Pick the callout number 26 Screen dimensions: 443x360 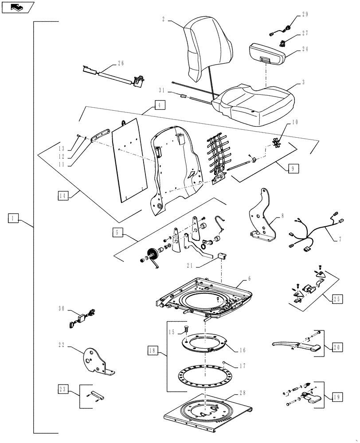[x=121, y=62]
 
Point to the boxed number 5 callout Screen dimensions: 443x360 [x=117, y=232]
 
